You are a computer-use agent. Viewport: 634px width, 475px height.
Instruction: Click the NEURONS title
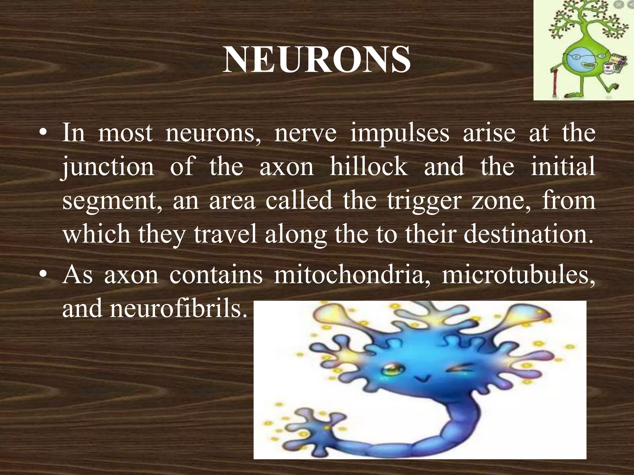316,60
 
